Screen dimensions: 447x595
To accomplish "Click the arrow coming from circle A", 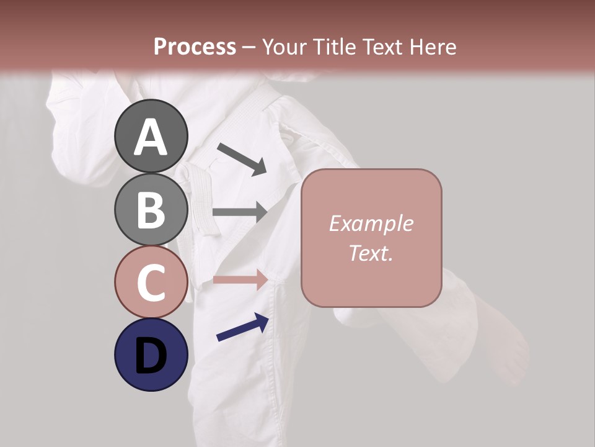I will tap(242, 159).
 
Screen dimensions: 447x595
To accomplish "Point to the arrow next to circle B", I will tap(239, 212).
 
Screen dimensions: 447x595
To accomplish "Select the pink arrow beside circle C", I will tap(240, 280).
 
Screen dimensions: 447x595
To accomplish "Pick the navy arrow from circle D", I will tap(242, 328).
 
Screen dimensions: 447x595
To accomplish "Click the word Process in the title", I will tap(195, 47).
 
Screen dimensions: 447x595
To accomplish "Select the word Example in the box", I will tap(371, 223).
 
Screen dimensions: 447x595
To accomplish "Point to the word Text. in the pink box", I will tap(371, 253).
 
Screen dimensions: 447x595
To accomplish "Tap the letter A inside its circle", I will tap(151, 137).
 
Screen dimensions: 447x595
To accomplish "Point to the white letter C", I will tap(151, 283).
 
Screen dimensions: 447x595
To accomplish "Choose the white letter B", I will tap(151, 210).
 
